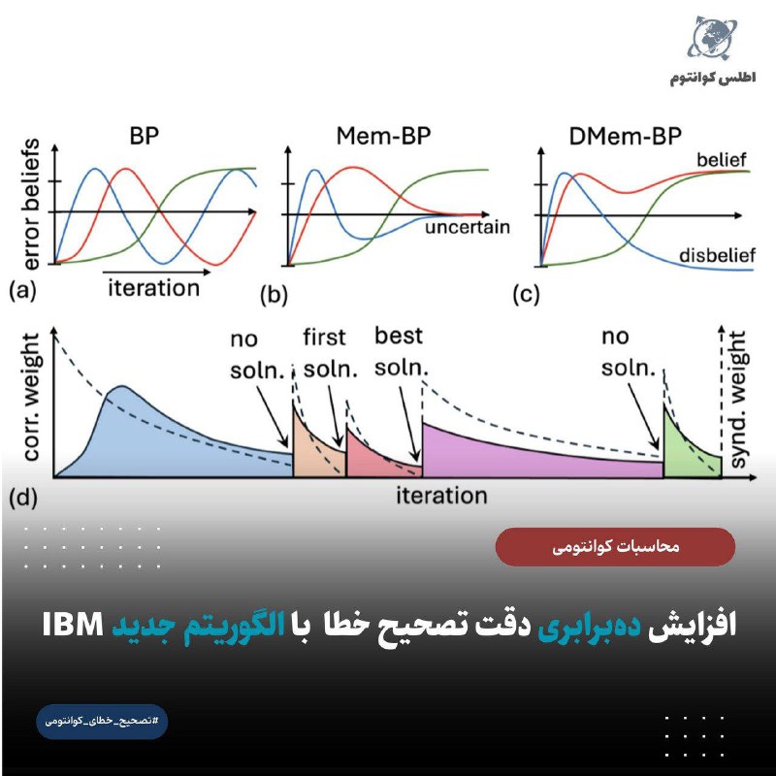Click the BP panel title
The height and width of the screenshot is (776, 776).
click(x=144, y=136)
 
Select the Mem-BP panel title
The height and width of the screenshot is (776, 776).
click(x=383, y=136)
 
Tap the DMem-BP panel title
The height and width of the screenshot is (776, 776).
click(x=625, y=136)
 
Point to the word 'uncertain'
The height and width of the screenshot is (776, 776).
click(x=468, y=227)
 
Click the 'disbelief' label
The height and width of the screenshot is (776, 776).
click(x=717, y=255)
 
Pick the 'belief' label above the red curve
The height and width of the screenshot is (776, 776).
click(x=721, y=160)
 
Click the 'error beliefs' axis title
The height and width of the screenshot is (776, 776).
click(x=31, y=205)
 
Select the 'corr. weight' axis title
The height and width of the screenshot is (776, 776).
click(x=31, y=397)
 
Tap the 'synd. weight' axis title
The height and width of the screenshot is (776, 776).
click(x=737, y=399)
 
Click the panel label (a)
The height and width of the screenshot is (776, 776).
click(x=22, y=290)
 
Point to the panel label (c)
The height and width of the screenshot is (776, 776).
click(x=526, y=295)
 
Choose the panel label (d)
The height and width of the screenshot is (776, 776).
click(x=23, y=498)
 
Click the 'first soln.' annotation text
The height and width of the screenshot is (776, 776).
click(x=330, y=353)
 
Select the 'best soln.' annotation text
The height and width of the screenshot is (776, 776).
click(x=402, y=351)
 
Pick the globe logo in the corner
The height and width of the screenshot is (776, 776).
click(x=712, y=38)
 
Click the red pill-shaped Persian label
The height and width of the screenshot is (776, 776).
click(x=615, y=546)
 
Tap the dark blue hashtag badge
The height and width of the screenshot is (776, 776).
click(x=102, y=721)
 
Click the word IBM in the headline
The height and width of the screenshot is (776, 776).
click(x=73, y=625)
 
